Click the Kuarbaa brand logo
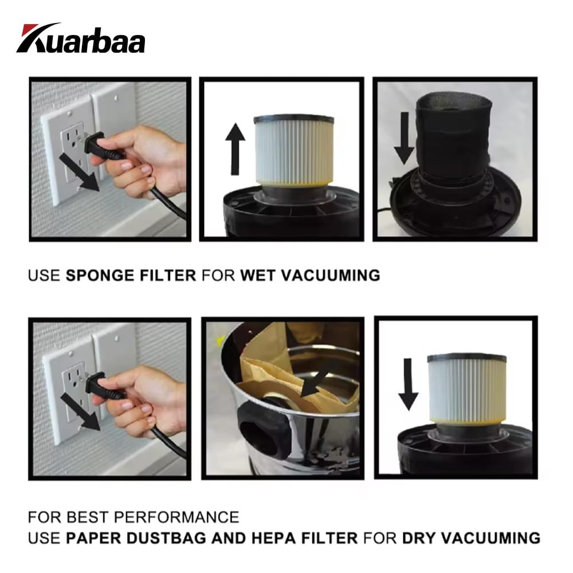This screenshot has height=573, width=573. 81,38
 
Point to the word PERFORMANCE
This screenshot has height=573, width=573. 176,517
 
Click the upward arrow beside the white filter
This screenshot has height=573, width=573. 235,149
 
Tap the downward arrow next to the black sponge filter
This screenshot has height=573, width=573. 404,138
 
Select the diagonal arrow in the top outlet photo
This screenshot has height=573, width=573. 79,172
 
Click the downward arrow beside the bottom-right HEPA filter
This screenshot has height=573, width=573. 408,384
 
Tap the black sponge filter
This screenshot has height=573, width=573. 453,137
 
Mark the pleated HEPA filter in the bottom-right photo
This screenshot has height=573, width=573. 467,390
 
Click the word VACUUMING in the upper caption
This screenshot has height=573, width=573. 331,275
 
